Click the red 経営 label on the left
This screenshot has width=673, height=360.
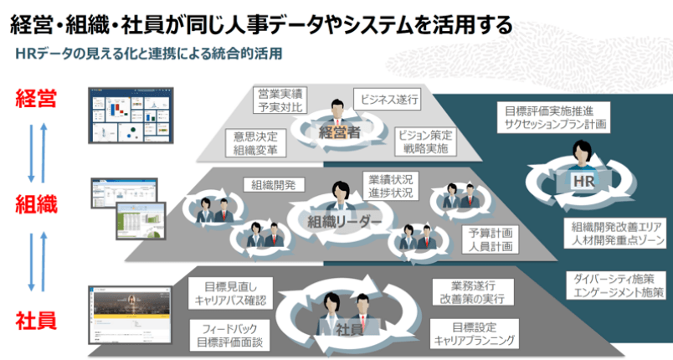35,98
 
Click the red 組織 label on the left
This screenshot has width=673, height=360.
35,203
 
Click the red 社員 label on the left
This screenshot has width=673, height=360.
35,319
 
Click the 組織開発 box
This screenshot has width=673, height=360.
274,185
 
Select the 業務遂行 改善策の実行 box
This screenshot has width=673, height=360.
470,293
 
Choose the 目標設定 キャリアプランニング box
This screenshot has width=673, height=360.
475,335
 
